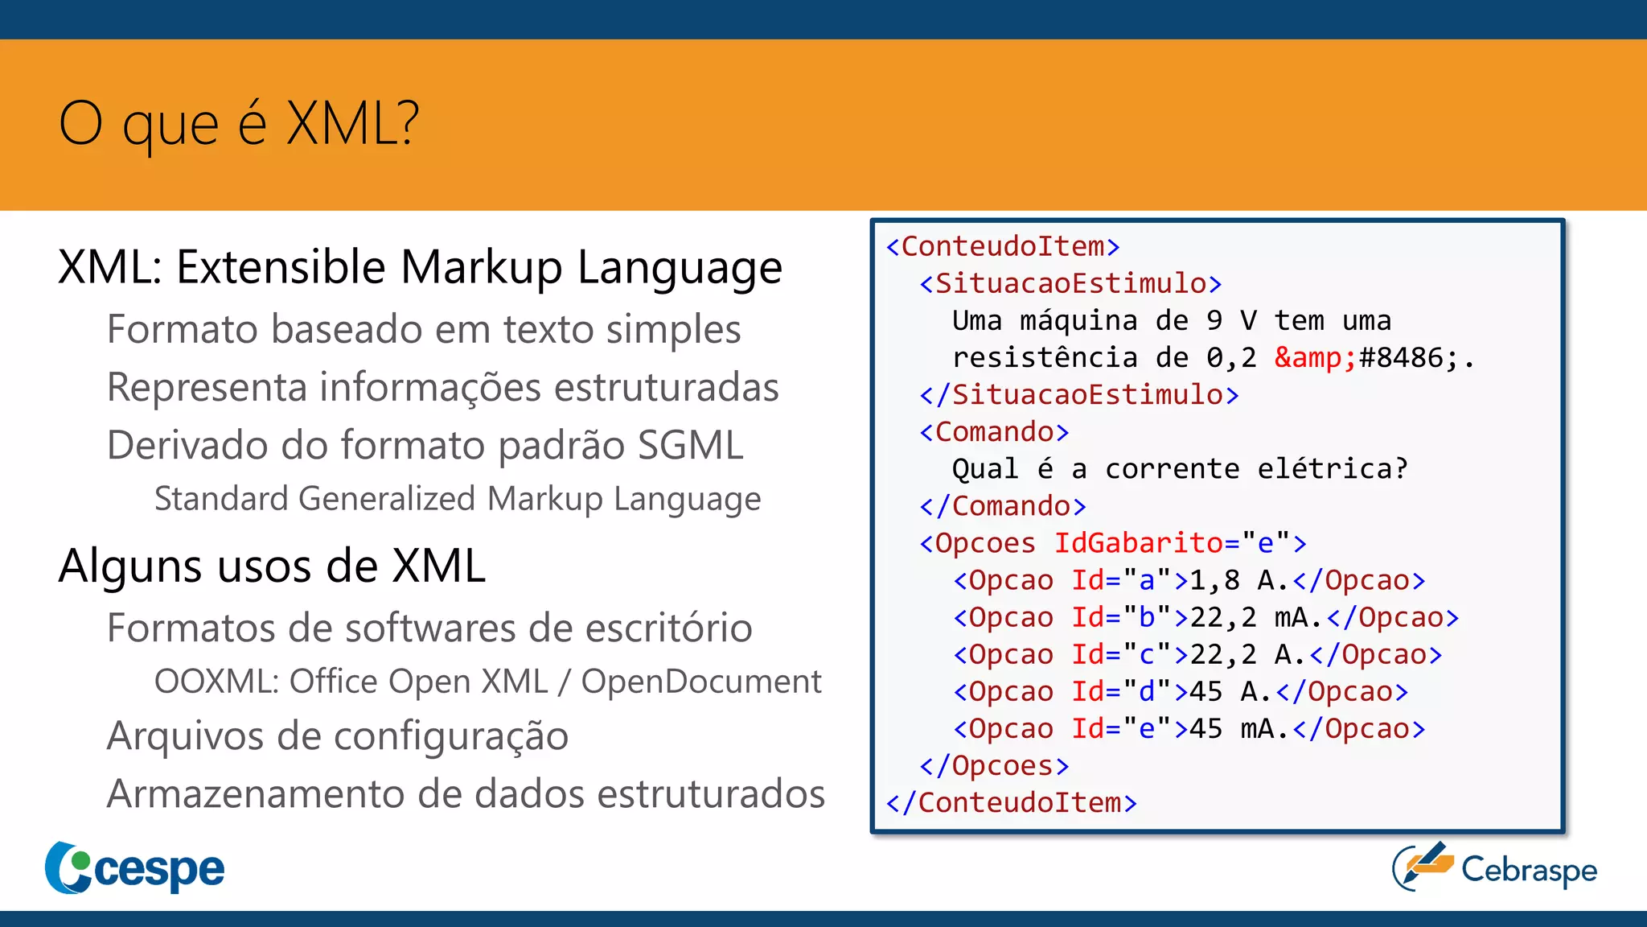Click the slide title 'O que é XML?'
(x=239, y=125)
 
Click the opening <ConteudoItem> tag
(x=1002, y=246)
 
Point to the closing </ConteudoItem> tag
(x=1011, y=803)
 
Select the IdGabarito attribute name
(x=1138, y=543)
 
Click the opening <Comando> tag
(x=994, y=432)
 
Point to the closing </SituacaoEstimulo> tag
(x=1078, y=395)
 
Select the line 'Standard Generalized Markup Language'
(x=457, y=499)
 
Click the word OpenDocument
(x=700, y=682)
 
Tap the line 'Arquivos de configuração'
(x=338, y=736)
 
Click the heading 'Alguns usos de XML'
(x=272, y=566)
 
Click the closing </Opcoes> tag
(x=994, y=766)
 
